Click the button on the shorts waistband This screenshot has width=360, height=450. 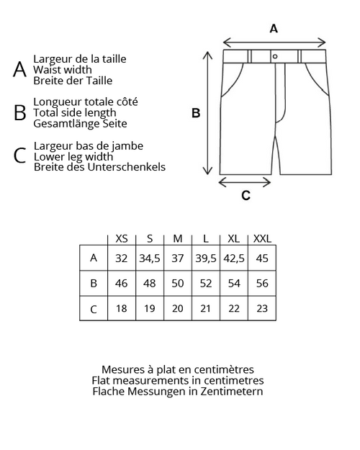(x=275, y=57)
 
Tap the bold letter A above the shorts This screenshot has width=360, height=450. (x=274, y=29)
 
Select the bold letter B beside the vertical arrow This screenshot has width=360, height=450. (x=196, y=113)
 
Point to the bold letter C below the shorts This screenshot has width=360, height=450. (x=246, y=195)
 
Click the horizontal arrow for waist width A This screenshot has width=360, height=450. (x=274, y=42)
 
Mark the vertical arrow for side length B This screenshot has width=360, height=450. (x=207, y=113)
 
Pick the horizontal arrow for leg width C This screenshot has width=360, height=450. (x=245, y=182)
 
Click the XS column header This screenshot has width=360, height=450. (x=122, y=238)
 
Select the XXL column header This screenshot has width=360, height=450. (x=262, y=238)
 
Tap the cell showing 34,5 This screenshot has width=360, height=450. (x=150, y=258)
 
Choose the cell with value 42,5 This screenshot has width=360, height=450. (x=234, y=258)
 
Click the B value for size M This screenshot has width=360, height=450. (x=178, y=283)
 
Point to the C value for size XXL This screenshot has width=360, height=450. (x=262, y=308)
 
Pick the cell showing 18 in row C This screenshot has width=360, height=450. (x=122, y=308)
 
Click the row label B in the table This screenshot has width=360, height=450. (x=94, y=283)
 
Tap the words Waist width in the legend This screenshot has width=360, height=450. (x=63, y=70)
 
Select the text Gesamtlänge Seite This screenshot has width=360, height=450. (x=80, y=124)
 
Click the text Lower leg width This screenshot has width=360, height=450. (x=73, y=157)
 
